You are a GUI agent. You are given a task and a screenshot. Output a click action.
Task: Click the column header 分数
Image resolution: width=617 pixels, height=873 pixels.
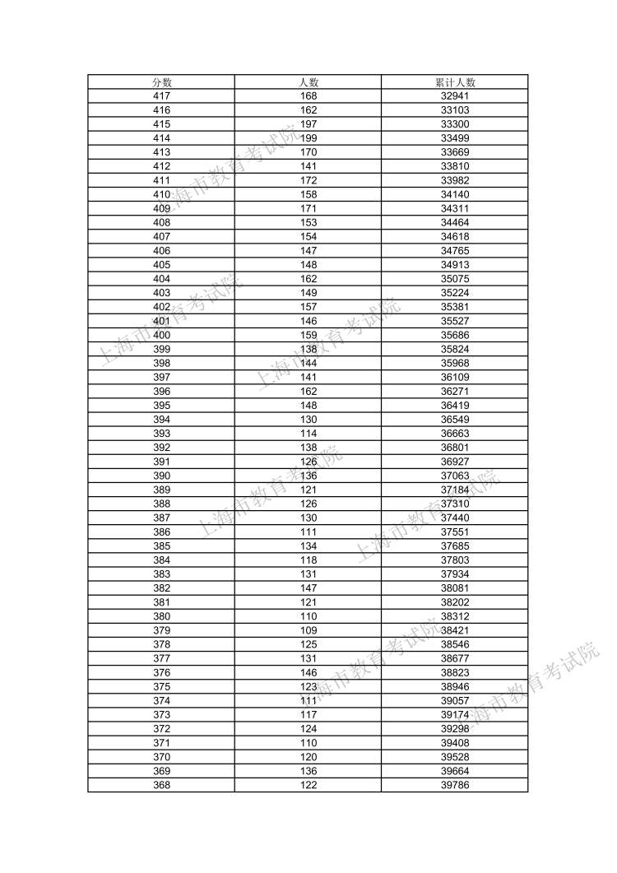click(x=161, y=82)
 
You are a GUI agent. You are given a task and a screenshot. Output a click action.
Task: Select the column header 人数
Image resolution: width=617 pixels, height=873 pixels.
click(x=308, y=82)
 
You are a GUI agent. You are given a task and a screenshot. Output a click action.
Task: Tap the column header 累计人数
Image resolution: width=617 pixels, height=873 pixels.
click(x=455, y=82)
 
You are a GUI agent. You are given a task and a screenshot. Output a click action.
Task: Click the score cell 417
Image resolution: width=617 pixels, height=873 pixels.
click(x=161, y=96)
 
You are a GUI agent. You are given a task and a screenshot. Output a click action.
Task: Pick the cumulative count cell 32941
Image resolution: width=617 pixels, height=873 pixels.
click(x=455, y=96)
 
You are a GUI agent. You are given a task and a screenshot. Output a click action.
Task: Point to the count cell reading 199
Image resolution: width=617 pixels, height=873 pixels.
click(x=308, y=138)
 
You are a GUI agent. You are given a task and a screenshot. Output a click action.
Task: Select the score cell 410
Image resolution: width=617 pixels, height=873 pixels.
click(x=161, y=194)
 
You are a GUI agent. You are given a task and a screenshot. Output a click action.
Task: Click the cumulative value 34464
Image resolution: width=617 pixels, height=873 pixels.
click(x=455, y=222)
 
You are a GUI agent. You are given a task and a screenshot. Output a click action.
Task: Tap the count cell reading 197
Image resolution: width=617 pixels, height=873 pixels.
click(x=308, y=124)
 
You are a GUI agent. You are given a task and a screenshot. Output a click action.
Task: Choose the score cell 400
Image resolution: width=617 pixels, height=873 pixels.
click(x=161, y=335)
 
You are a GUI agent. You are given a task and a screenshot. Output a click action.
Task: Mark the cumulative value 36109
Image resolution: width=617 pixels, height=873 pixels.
click(x=455, y=377)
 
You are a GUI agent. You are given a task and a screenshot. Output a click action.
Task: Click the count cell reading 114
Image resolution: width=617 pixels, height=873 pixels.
click(x=308, y=434)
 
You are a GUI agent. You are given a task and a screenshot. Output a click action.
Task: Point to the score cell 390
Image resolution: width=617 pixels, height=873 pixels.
click(x=161, y=476)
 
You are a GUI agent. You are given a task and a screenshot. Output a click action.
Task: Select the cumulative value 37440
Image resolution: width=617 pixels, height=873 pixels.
click(x=455, y=518)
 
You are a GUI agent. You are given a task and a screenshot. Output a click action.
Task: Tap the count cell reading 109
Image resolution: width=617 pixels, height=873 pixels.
click(x=308, y=630)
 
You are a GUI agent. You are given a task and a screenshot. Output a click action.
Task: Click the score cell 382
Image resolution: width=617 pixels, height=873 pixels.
click(x=161, y=588)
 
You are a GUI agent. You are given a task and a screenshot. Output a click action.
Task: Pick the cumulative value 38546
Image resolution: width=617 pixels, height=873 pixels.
click(x=455, y=644)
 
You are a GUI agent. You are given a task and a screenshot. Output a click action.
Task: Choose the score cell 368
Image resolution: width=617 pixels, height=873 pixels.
click(x=161, y=785)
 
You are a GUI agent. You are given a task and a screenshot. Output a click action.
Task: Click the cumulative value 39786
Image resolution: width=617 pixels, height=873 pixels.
click(x=455, y=785)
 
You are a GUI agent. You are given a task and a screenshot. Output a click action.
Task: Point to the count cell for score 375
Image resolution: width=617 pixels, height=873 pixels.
click(x=308, y=686)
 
